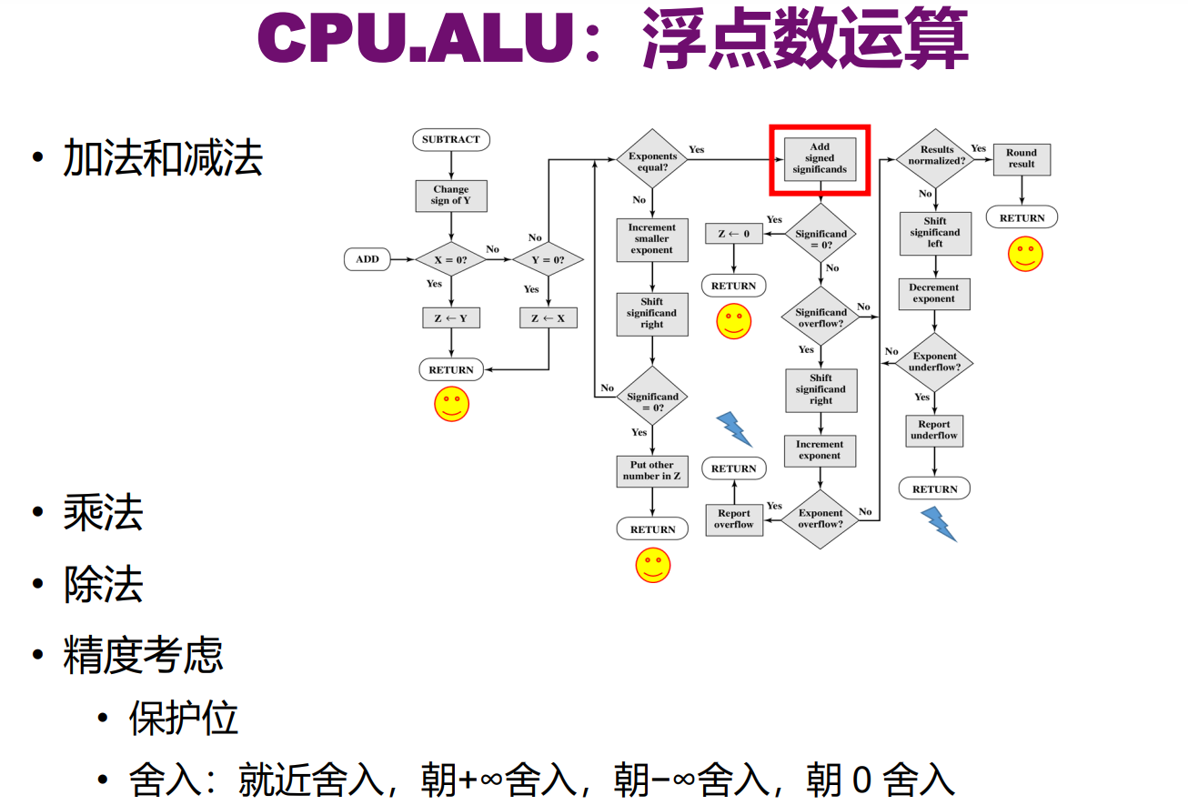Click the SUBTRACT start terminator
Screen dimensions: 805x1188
coord(450,140)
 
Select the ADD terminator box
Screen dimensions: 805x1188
coord(367,259)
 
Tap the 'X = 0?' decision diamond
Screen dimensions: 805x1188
coord(450,259)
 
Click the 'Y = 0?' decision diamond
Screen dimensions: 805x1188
coord(547,259)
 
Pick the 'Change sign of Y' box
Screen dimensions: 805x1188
coord(450,196)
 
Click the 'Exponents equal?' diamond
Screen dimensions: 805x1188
coord(652,162)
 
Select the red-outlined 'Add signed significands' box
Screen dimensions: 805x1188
coord(820,159)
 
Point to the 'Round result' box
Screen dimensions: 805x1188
coord(1022,159)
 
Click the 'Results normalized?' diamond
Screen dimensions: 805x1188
coord(936,156)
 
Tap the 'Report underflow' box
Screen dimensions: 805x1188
coord(934,430)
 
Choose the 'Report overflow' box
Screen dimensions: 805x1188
coord(733,518)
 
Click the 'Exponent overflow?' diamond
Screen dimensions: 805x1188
coord(821,518)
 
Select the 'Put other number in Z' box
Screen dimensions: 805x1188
coord(651,470)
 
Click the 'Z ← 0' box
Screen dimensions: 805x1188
coord(733,234)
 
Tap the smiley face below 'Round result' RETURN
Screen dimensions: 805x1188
coord(1025,254)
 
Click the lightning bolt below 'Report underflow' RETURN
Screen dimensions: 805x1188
coord(938,524)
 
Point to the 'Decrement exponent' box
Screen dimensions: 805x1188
coord(934,293)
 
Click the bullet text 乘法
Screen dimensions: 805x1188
coord(103,513)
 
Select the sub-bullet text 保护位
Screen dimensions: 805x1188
coord(183,718)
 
